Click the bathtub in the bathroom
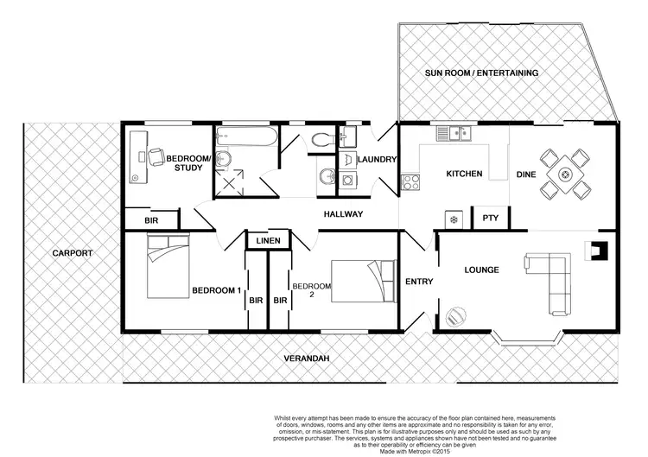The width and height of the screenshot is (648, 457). click(245, 137)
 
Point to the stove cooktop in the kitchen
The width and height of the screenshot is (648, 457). click(410, 181)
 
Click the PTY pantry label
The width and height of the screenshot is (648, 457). click(490, 219)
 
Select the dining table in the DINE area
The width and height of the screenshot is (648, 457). click(564, 173)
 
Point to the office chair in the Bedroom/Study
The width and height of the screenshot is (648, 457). click(156, 156)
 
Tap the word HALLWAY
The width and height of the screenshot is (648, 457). click(343, 214)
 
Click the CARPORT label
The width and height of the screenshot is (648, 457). click(67, 253)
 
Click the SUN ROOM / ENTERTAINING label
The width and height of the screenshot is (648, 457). click(481, 73)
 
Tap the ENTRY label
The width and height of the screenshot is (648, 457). click(419, 282)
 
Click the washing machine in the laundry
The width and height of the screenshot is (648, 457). click(348, 180)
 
